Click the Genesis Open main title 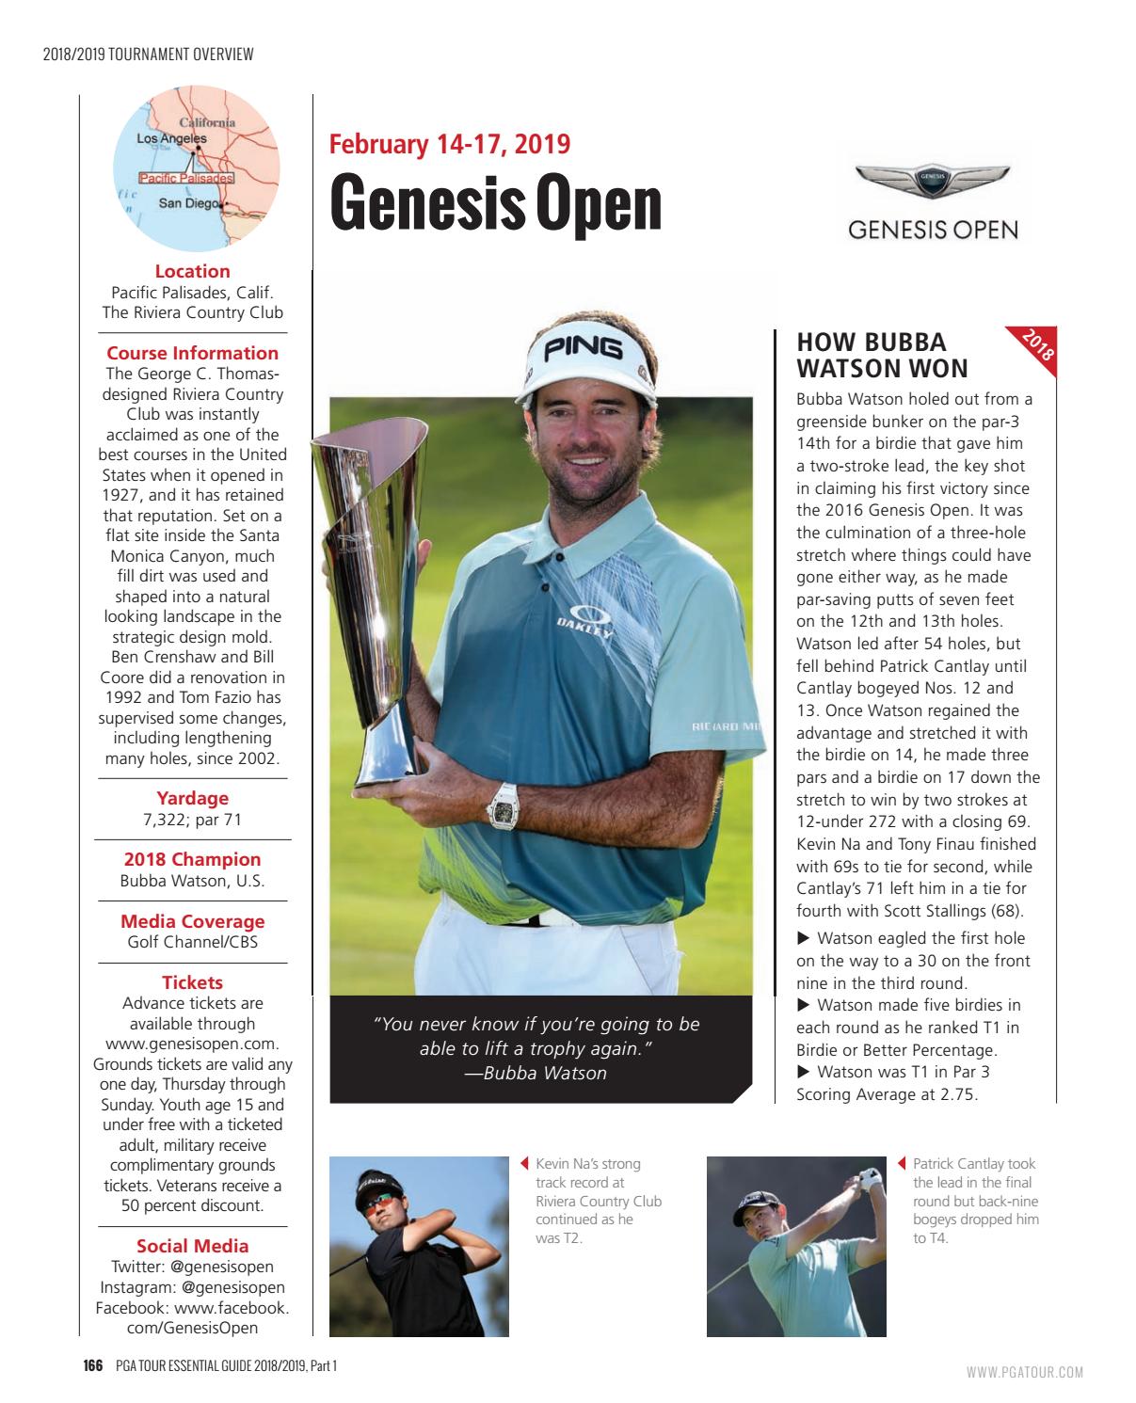click(495, 203)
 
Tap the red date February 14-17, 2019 click(450, 144)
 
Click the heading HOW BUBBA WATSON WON click(882, 355)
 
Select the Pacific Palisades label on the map click(186, 178)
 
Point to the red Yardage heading click(192, 798)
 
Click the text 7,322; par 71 click(192, 820)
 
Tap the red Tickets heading click(192, 982)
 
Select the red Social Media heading click(192, 1246)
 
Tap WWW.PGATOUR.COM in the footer click(1024, 1372)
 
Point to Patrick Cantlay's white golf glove click(870, 1179)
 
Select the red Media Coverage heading click(192, 921)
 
